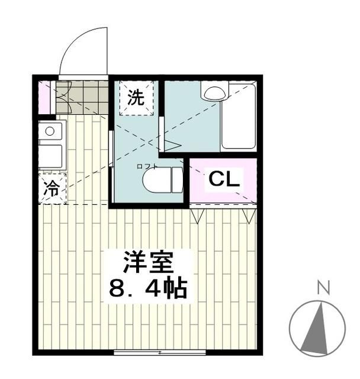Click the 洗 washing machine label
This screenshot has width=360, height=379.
[x=137, y=97]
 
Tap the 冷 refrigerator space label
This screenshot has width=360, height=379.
[x=52, y=189]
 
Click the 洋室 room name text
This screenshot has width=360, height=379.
[x=147, y=263]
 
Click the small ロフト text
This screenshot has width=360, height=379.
[x=147, y=166]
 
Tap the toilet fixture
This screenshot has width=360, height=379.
[x=162, y=181]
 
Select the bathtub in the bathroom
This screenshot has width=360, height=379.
[x=239, y=117]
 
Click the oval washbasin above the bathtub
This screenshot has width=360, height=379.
[x=214, y=91]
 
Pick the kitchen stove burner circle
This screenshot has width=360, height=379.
[x=50, y=131]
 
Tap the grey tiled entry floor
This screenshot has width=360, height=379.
[x=82, y=96]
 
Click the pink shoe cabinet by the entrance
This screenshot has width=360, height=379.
[x=44, y=97]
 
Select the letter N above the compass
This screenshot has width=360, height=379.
[x=323, y=289]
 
